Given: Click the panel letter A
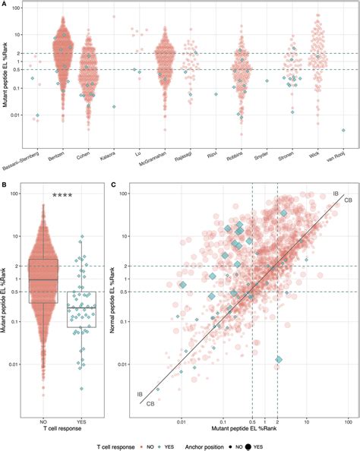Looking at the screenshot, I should (5, 4).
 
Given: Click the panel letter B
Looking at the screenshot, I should (5, 183).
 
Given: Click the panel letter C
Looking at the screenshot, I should (113, 183).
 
